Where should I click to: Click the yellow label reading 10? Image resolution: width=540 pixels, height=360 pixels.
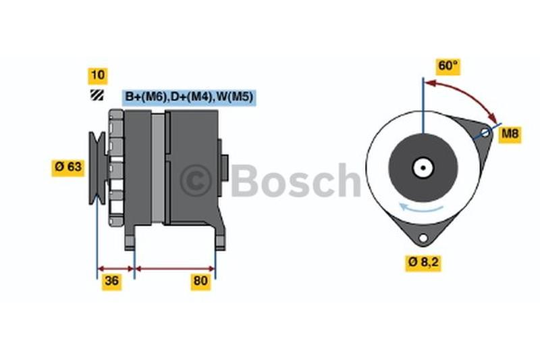98,76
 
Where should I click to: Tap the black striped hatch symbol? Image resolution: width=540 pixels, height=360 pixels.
97,95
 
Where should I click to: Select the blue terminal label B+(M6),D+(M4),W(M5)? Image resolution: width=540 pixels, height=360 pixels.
189,97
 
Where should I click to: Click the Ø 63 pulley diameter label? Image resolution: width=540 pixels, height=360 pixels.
68,168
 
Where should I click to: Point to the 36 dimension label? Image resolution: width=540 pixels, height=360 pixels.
111,281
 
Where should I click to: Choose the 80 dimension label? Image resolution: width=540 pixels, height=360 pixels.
200,281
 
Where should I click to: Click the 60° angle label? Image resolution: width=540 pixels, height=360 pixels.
448,66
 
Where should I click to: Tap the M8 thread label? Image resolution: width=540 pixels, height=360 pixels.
510,134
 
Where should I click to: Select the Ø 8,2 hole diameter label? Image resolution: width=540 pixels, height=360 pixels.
423,263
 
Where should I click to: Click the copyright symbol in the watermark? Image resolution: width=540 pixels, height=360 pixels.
196,180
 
